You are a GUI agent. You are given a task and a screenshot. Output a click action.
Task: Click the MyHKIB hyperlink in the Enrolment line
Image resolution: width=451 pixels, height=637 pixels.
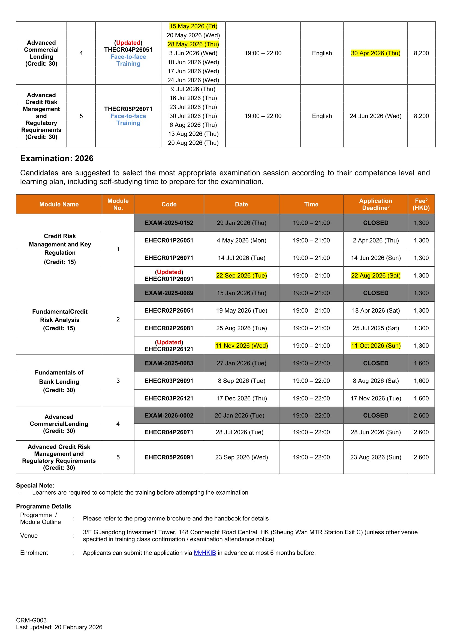[x=205, y=553]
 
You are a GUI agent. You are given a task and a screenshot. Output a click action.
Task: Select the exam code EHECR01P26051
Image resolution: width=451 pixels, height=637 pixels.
[x=169, y=240]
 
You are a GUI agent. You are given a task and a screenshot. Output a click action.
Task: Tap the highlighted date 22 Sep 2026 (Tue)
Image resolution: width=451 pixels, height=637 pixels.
[x=241, y=276]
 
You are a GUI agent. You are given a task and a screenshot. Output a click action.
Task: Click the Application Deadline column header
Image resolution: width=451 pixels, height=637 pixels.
[x=375, y=204]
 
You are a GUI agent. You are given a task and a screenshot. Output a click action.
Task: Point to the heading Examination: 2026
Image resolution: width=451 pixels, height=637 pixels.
[x=57, y=159]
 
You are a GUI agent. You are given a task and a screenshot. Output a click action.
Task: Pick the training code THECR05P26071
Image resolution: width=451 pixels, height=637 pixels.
[x=128, y=109]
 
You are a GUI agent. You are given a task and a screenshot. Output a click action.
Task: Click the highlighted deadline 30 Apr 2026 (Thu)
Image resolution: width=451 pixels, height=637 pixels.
[x=375, y=53]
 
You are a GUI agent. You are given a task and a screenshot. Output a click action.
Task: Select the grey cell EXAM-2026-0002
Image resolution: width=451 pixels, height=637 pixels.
[x=169, y=415]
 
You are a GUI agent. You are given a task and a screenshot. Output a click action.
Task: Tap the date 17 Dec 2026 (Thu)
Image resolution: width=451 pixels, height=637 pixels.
[x=241, y=398]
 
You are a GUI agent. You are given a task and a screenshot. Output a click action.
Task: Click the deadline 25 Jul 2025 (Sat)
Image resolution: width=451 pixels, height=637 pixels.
[x=375, y=328]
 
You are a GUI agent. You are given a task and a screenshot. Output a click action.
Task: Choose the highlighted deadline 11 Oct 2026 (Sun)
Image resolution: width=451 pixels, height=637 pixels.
[x=375, y=346]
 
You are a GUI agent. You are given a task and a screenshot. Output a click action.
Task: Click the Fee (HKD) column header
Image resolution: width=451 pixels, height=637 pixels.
[x=421, y=204]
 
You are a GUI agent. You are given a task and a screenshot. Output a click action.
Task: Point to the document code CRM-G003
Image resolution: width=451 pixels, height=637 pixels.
[x=31, y=620]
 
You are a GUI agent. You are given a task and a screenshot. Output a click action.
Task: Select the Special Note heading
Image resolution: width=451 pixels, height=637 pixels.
[x=35, y=485]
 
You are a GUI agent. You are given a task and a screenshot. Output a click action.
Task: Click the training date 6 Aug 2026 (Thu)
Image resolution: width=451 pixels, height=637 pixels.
[x=193, y=125]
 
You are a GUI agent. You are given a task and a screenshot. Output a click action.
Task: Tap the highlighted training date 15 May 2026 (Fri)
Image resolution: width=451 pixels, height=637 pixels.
[x=193, y=26]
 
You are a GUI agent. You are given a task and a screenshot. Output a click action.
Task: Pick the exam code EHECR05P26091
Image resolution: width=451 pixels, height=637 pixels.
[x=169, y=457]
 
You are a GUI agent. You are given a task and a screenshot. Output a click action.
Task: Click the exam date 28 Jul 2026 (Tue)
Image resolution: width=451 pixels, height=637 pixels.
[x=239, y=432]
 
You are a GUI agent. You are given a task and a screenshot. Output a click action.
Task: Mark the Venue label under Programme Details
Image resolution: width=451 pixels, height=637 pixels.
[x=29, y=535]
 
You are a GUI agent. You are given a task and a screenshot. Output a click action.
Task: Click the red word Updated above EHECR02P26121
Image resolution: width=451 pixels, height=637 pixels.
[x=169, y=342]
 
